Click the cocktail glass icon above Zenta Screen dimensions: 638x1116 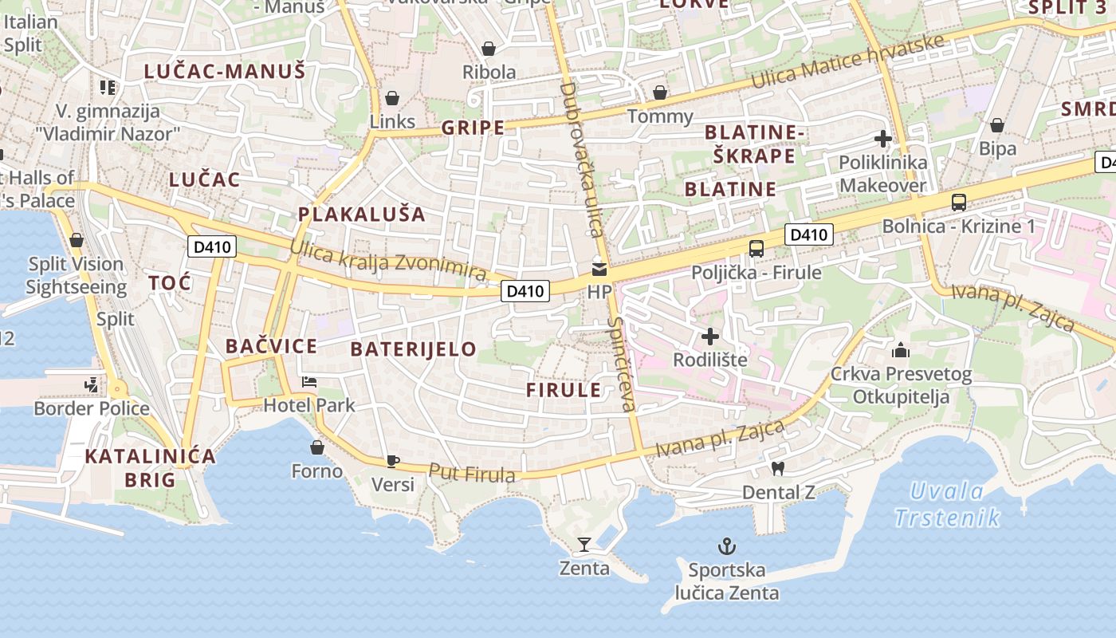584,545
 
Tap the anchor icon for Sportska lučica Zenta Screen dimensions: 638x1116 726,546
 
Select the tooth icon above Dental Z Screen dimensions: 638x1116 778,468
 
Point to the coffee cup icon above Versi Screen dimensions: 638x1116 392,460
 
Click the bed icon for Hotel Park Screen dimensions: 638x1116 309,382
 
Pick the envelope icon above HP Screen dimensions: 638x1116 599,269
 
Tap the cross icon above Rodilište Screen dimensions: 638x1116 709,337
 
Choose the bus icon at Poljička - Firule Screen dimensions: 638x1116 756,249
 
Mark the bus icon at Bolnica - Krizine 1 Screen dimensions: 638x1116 958,203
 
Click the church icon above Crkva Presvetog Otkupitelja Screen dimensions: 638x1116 901,350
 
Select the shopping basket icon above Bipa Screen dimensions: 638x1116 996,125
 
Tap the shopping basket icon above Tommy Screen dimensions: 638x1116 659,93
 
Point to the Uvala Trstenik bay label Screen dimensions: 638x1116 947,504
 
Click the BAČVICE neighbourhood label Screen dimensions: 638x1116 271,346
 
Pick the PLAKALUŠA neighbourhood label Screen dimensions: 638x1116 362,215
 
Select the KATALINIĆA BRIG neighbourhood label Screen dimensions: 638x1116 150,467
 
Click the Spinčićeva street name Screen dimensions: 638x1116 623,364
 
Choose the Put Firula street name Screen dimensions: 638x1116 472,473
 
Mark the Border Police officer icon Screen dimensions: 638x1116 92,385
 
